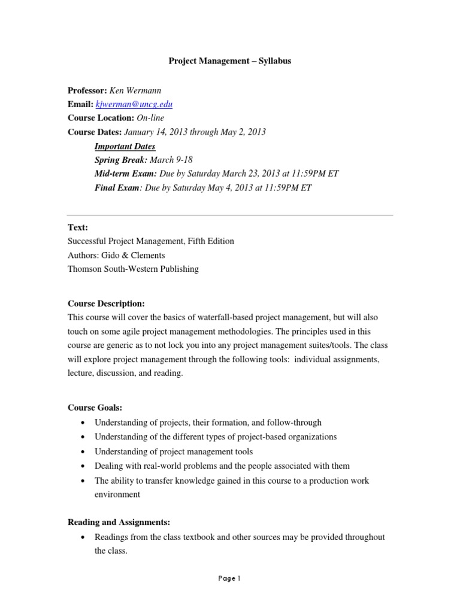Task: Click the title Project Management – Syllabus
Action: click(x=229, y=61)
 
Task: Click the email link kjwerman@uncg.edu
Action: click(x=134, y=104)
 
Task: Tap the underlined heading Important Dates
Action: click(x=125, y=146)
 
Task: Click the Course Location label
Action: click(x=101, y=118)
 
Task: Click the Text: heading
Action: click(x=78, y=228)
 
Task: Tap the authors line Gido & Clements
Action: click(x=116, y=256)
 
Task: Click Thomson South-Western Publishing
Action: click(x=133, y=269)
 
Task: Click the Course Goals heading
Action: click(x=95, y=408)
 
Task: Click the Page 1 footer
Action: click(x=230, y=578)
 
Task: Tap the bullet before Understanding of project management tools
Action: click(x=81, y=452)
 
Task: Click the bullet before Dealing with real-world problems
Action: click(x=81, y=466)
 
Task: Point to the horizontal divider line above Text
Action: click(x=230, y=214)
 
